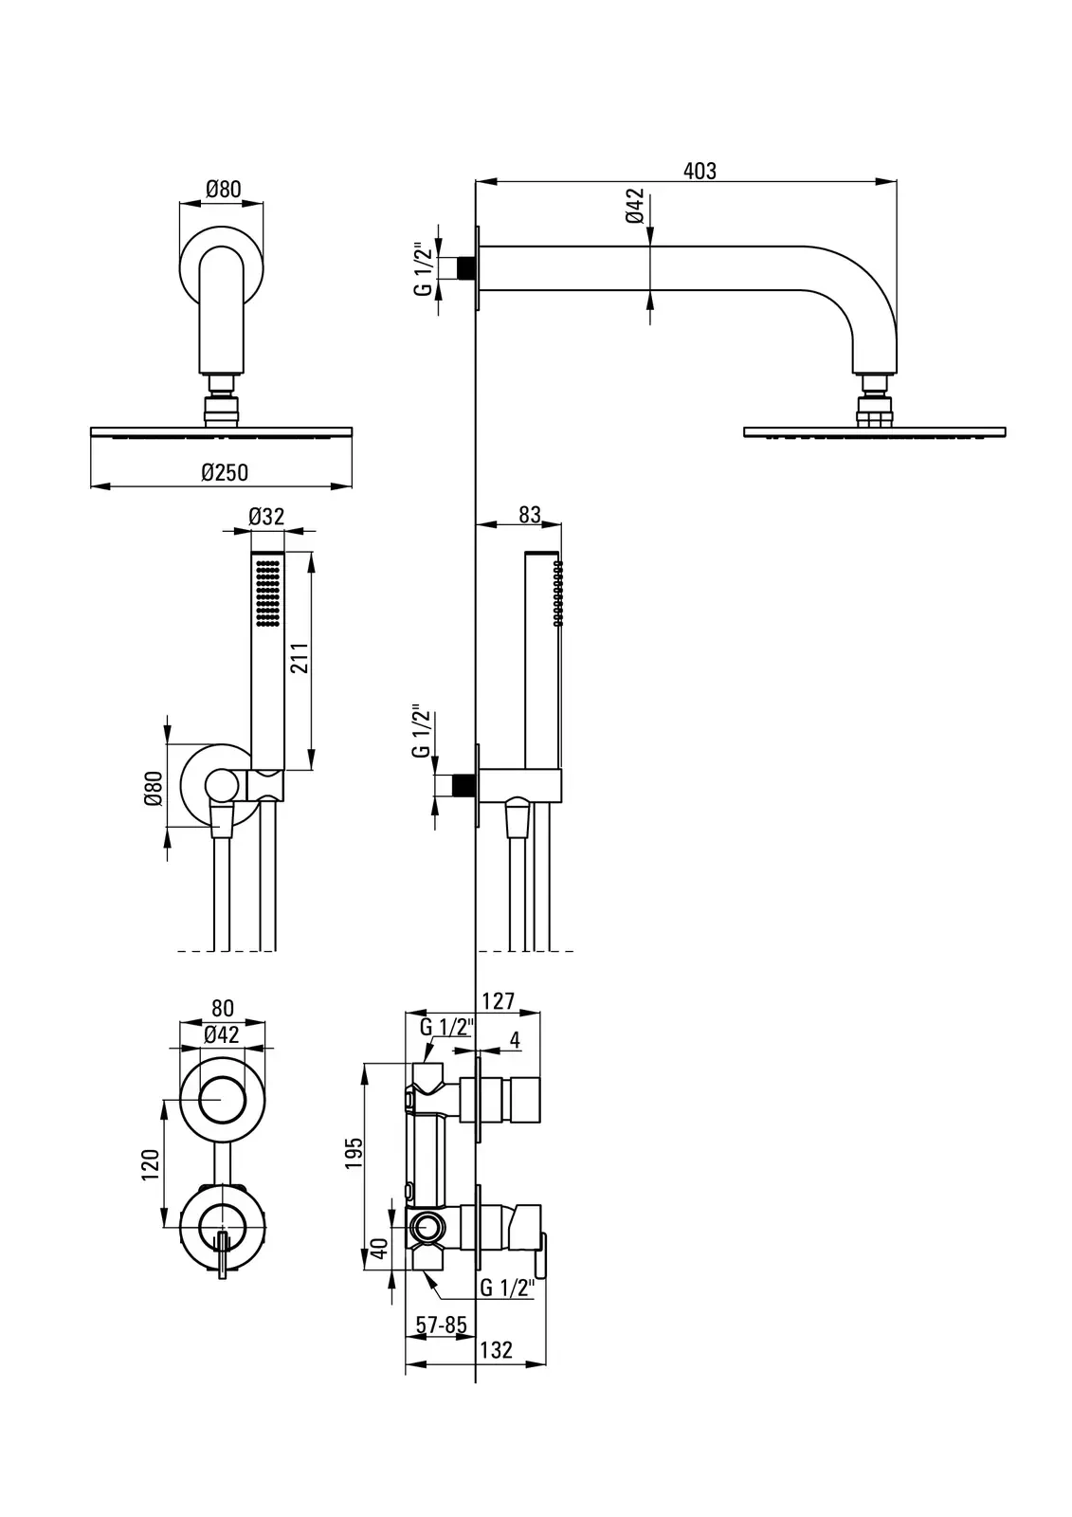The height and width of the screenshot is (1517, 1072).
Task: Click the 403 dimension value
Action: click(700, 171)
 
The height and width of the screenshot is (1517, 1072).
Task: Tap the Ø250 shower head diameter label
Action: click(225, 472)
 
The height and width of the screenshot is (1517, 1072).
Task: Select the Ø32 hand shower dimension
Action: click(266, 517)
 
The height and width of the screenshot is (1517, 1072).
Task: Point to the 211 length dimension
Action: click(300, 656)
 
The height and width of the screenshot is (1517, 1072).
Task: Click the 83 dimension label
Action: click(530, 515)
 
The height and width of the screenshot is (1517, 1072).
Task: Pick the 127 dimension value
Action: click(499, 1001)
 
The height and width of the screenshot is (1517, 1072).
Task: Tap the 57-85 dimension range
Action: click(442, 1325)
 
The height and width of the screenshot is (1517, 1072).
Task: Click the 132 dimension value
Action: click(496, 1350)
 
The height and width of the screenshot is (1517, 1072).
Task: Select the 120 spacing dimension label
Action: click(149, 1164)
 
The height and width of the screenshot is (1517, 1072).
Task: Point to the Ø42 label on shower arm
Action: click(635, 206)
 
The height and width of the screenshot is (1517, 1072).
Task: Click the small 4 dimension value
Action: click(515, 1040)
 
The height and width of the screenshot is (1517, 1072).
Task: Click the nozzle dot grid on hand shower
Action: click(267, 593)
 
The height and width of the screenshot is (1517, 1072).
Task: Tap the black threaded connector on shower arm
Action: click(464, 267)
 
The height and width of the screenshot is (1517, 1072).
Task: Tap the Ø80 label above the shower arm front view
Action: click(224, 189)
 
